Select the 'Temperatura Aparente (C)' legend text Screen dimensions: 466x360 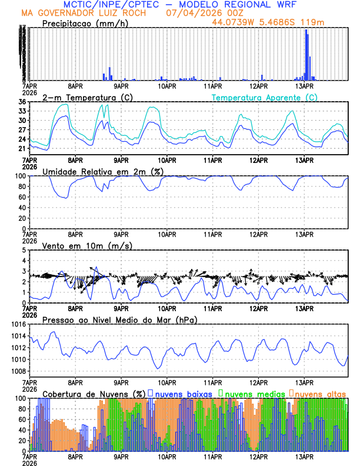coord(265,97)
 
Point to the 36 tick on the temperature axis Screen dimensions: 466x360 coord(21,102)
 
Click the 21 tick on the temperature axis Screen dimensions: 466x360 coord(21,149)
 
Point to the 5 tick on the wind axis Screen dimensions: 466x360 coord(24,250)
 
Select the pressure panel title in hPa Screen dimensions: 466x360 coord(119,319)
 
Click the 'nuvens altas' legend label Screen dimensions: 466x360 coord(320,393)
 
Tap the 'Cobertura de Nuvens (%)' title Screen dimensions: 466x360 coord(94,393)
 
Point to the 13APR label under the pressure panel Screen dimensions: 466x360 coord(304,381)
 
